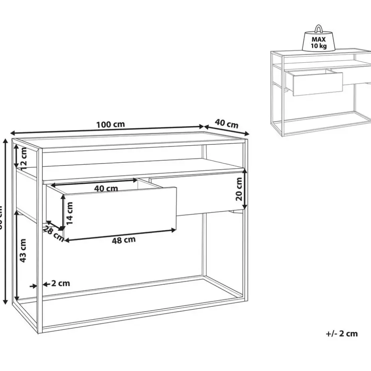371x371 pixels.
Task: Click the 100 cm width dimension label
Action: pyautogui.click(x=111, y=124)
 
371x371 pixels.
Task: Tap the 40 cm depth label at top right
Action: pyautogui.click(x=227, y=123)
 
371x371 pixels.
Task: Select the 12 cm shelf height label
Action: pyautogui.click(x=24, y=158)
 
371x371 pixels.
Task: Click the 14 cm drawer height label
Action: pyautogui.click(x=70, y=213)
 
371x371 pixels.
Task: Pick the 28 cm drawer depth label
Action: pyautogui.click(x=53, y=233)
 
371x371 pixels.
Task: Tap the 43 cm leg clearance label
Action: pyautogui.click(x=23, y=251)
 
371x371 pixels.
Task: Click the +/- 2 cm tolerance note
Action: pyautogui.click(x=341, y=334)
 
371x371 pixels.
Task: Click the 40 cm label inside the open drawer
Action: pyautogui.click(x=106, y=188)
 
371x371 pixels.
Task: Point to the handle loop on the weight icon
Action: pyautogui.click(x=319, y=29)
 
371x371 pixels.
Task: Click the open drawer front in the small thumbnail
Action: pyautogui.click(x=317, y=83)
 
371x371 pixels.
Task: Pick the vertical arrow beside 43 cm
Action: pyautogui.click(x=17, y=255)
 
